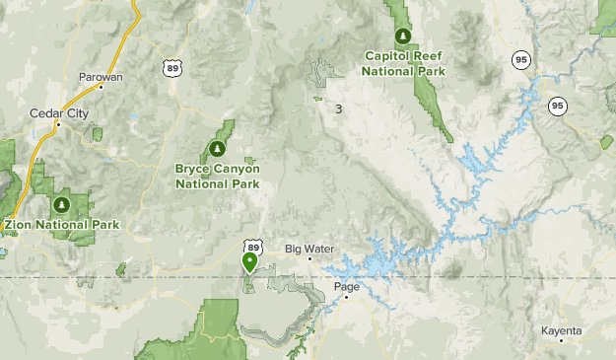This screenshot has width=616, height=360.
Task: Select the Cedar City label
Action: click(59, 113)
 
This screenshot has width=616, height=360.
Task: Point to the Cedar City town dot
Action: click(58, 124)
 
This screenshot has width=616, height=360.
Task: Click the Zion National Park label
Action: click(62, 225)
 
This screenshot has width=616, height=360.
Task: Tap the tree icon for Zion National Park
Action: click(61, 205)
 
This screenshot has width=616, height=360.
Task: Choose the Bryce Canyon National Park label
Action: click(217, 176)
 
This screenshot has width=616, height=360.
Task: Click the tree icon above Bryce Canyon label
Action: click(217, 149)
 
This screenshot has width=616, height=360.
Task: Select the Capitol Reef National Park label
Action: click(403, 64)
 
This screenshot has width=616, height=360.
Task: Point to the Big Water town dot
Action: click(309, 258)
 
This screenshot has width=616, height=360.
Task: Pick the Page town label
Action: click(346, 287)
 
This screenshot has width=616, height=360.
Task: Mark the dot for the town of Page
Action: click(346, 298)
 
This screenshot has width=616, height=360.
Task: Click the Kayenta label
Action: click(561, 329)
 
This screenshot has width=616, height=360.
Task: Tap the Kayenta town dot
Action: click(561, 340)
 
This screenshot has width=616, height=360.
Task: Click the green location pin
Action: click(249, 261)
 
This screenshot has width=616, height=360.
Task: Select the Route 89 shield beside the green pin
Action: click(255, 246)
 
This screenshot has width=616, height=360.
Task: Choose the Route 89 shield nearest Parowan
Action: click(171, 66)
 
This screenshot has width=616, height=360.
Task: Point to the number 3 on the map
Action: click(338, 108)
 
